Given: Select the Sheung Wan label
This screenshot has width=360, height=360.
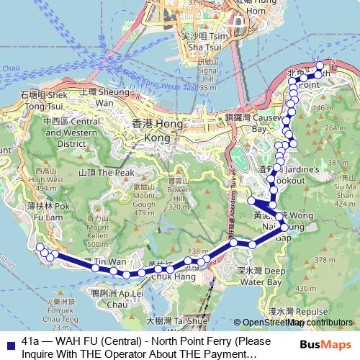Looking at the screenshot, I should [x=96, y=97].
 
